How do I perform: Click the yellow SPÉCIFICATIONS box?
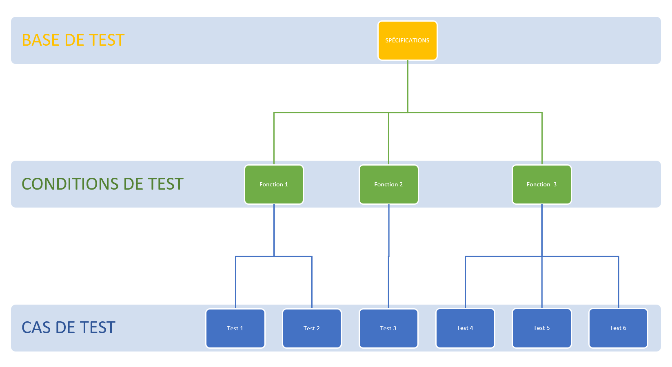coord(407,40)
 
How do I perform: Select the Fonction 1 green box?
coord(274,184)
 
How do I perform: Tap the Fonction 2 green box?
coord(388,184)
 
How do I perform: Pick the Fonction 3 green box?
coord(541,184)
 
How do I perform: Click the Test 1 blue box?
coord(235,328)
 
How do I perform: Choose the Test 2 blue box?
coord(312,328)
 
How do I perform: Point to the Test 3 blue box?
coord(388,328)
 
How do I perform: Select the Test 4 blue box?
coord(465,328)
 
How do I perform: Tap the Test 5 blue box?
coord(541,328)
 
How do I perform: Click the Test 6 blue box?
coord(618,328)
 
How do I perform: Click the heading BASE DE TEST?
coord(73,40)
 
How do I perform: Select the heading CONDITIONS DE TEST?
coord(102,184)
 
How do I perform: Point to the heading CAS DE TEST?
coord(69,328)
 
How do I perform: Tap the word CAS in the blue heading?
coord(36,328)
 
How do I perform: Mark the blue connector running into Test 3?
coord(388,281)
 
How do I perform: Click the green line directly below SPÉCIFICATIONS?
coord(408,86)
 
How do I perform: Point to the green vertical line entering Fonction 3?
coord(542,139)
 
